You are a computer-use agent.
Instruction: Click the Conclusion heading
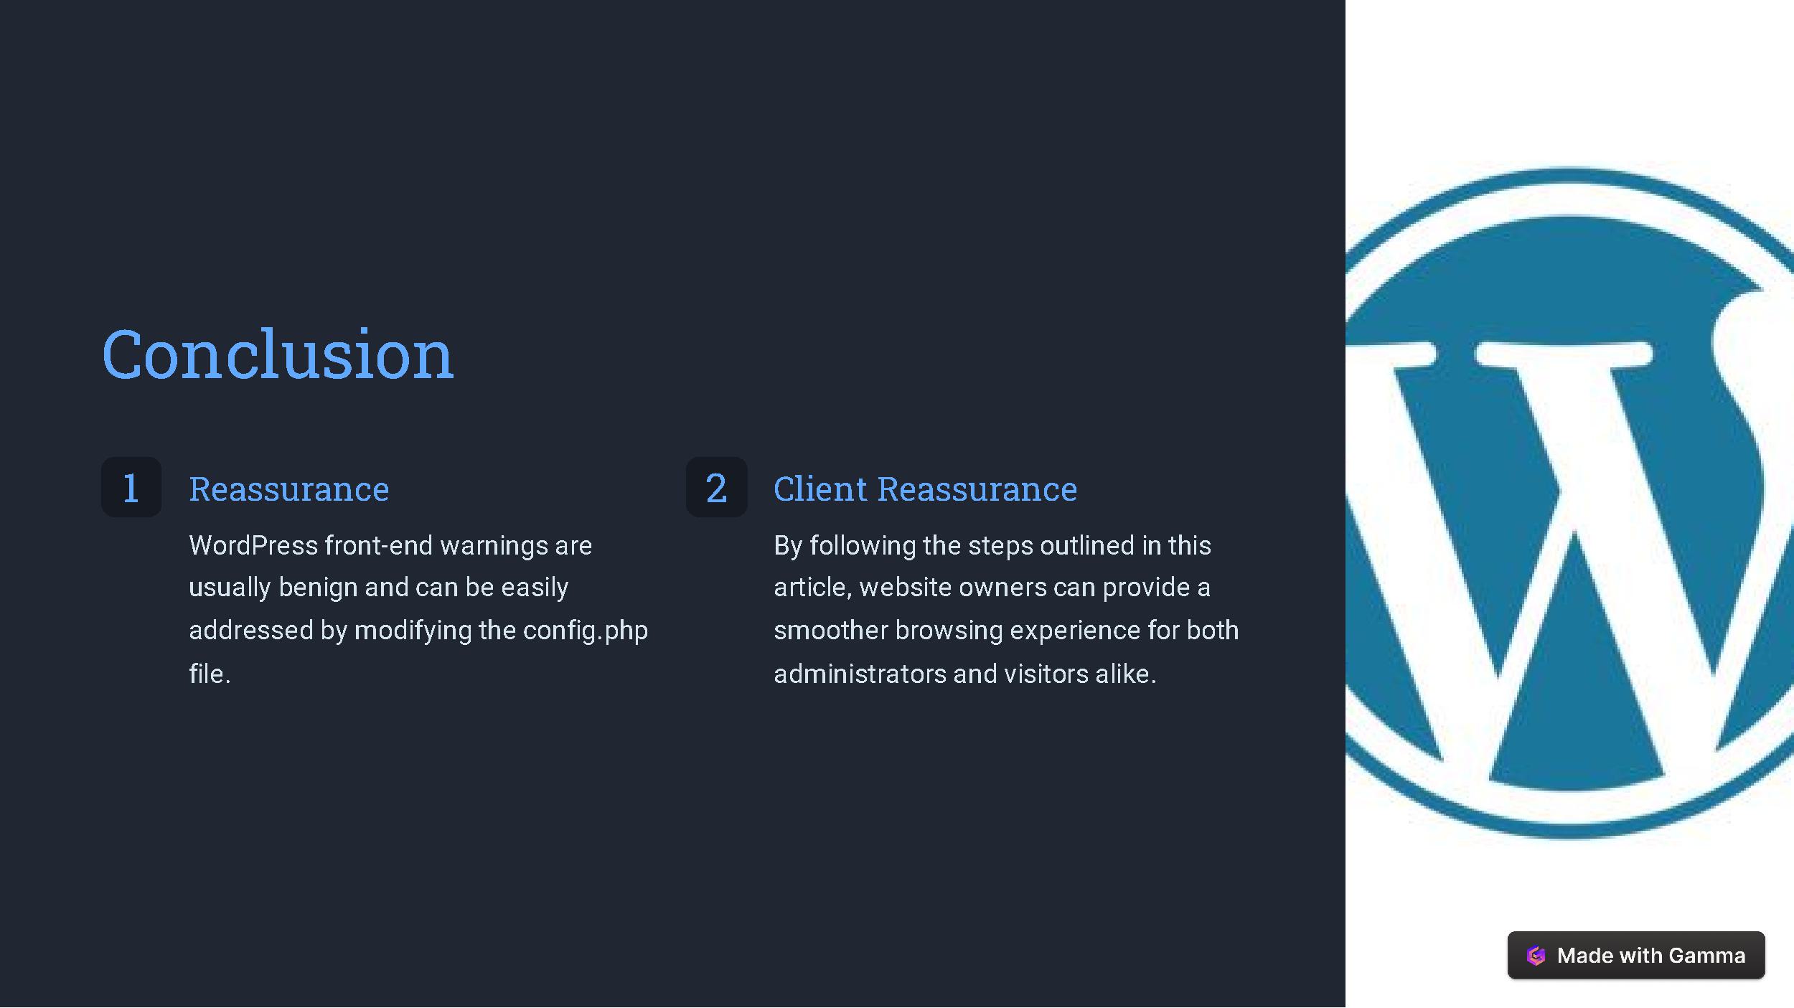(x=278, y=354)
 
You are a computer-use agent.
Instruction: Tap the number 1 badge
(x=131, y=487)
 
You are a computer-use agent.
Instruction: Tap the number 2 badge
(x=716, y=487)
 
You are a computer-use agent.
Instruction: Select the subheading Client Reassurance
(x=925, y=489)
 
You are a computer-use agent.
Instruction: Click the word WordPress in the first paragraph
(x=253, y=546)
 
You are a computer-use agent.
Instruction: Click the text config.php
(x=586, y=631)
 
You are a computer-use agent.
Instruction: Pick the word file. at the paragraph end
(x=210, y=674)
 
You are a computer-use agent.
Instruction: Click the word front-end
(x=379, y=546)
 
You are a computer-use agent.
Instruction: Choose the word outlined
(x=1087, y=546)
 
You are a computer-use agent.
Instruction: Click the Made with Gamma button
(x=1636, y=955)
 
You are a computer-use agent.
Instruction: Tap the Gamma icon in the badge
(x=1536, y=956)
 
